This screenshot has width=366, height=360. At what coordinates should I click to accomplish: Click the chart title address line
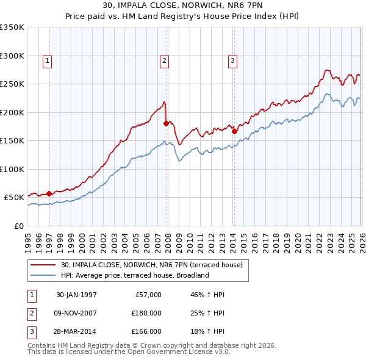183,5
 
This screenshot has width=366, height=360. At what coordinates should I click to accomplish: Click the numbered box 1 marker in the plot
47,60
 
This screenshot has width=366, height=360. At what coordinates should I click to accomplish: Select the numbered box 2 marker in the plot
165,60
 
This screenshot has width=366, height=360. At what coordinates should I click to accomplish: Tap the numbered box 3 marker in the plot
233,60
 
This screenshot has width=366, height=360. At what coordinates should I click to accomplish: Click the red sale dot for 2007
166,124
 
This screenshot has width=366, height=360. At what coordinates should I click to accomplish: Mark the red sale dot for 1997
49,193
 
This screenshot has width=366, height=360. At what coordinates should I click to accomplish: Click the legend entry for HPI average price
135,275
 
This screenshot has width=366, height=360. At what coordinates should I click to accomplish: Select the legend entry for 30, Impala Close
152,265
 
